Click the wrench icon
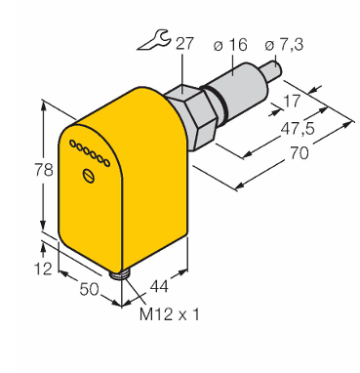[x=152, y=40]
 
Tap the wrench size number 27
[x=184, y=44]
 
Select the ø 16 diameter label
[x=230, y=44]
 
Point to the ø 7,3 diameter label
[x=284, y=45]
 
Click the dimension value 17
[x=292, y=101]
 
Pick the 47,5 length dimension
[x=298, y=129]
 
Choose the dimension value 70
[x=299, y=153]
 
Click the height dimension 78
[x=44, y=170]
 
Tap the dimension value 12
[x=43, y=269]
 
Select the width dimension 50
[x=89, y=289]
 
